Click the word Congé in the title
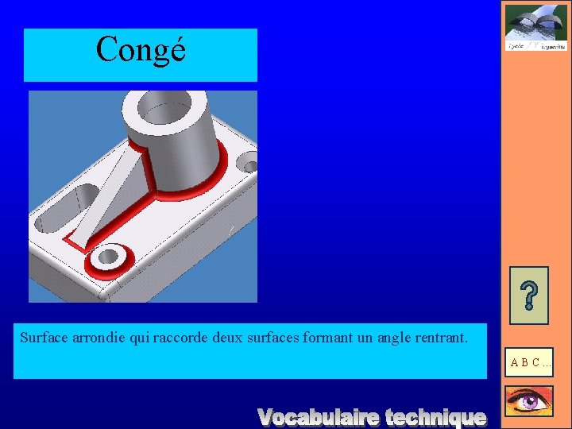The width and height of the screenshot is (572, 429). (x=141, y=49)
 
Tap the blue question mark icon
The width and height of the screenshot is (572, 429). (x=528, y=295)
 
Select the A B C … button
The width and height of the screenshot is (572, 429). (x=530, y=362)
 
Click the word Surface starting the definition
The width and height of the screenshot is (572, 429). (x=43, y=337)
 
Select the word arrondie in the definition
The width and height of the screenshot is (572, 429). (x=99, y=337)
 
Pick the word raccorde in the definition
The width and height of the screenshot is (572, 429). (x=176, y=337)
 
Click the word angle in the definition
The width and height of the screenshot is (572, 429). (x=392, y=338)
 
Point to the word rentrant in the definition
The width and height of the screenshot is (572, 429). (x=439, y=337)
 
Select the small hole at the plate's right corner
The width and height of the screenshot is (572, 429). (x=249, y=167)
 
